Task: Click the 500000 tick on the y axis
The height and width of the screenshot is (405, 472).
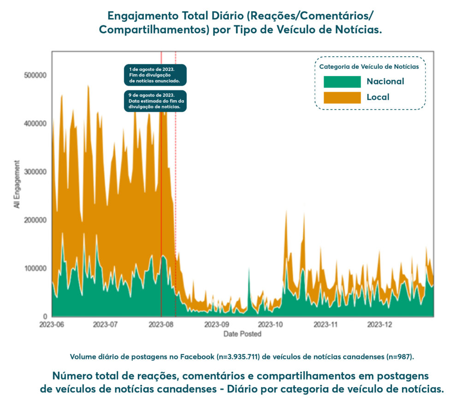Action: [35, 75]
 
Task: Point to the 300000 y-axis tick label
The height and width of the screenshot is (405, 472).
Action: [35, 172]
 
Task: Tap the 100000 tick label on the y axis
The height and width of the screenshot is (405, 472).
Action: [35, 269]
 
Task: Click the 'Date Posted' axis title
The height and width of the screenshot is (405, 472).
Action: [242, 334]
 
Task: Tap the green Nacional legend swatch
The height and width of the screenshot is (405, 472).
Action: [342, 82]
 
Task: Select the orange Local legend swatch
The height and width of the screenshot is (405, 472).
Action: [342, 97]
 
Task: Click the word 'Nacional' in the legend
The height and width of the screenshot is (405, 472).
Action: [385, 82]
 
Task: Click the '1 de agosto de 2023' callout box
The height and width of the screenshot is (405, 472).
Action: [155, 75]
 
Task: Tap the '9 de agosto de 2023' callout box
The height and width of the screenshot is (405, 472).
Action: [155, 101]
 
